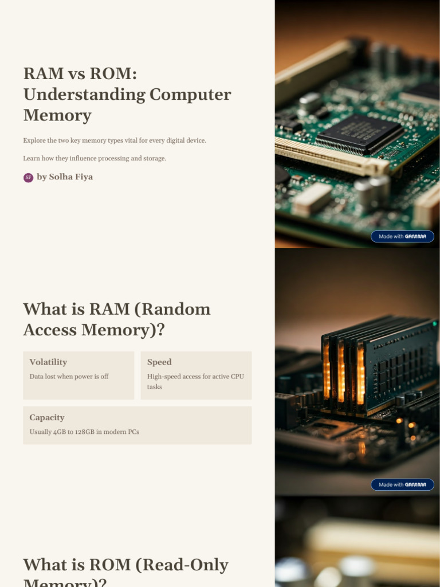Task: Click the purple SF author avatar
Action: click(x=28, y=178)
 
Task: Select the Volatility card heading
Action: click(x=48, y=362)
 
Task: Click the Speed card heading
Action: click(x=159, y=362)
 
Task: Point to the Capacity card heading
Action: click(x=47, y=418)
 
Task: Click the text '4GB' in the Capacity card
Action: click(x=60, y=432)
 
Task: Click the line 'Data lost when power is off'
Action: click(x=69, y=377)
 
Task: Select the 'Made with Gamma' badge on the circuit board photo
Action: click(x=402, y=236)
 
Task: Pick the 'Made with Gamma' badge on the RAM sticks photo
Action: click(x=402, y=484)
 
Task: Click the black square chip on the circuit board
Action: click(x=359, y=134)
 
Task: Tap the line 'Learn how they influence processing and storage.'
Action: click(x=95, y=158)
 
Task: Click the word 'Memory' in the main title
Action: click(x=57, y=115)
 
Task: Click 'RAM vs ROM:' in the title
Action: click(x=80, y=74)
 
